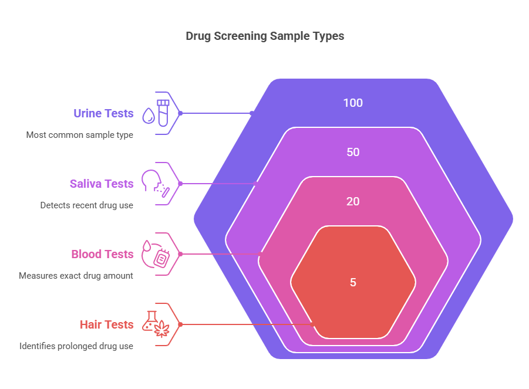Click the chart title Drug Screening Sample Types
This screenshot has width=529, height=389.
click(x=265, y=36)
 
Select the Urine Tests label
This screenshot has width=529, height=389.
click(x=103, y=113)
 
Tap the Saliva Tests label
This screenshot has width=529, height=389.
click(x=102, y=184)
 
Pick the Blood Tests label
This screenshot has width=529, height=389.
click(x=102, y=254)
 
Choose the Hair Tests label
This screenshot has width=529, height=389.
click(x=106, y=324)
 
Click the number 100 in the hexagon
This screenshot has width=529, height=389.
click(x=353, y=103)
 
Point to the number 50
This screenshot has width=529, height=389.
click(x=353, y=152)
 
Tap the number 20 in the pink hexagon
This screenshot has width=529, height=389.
click(x=353, y=201)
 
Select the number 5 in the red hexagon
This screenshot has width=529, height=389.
click(x=353, y=282)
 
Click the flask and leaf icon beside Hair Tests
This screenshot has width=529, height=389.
click(x=156, y=324)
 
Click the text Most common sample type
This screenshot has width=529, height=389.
click(x=80, y=135)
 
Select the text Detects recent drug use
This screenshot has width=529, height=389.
click(x=87, y=205)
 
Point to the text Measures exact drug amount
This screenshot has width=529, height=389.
click(x=76, y=276)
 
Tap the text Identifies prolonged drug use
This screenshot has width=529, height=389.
click(x=76, y=346)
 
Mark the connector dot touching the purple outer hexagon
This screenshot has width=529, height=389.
click(x=252, y=113)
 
